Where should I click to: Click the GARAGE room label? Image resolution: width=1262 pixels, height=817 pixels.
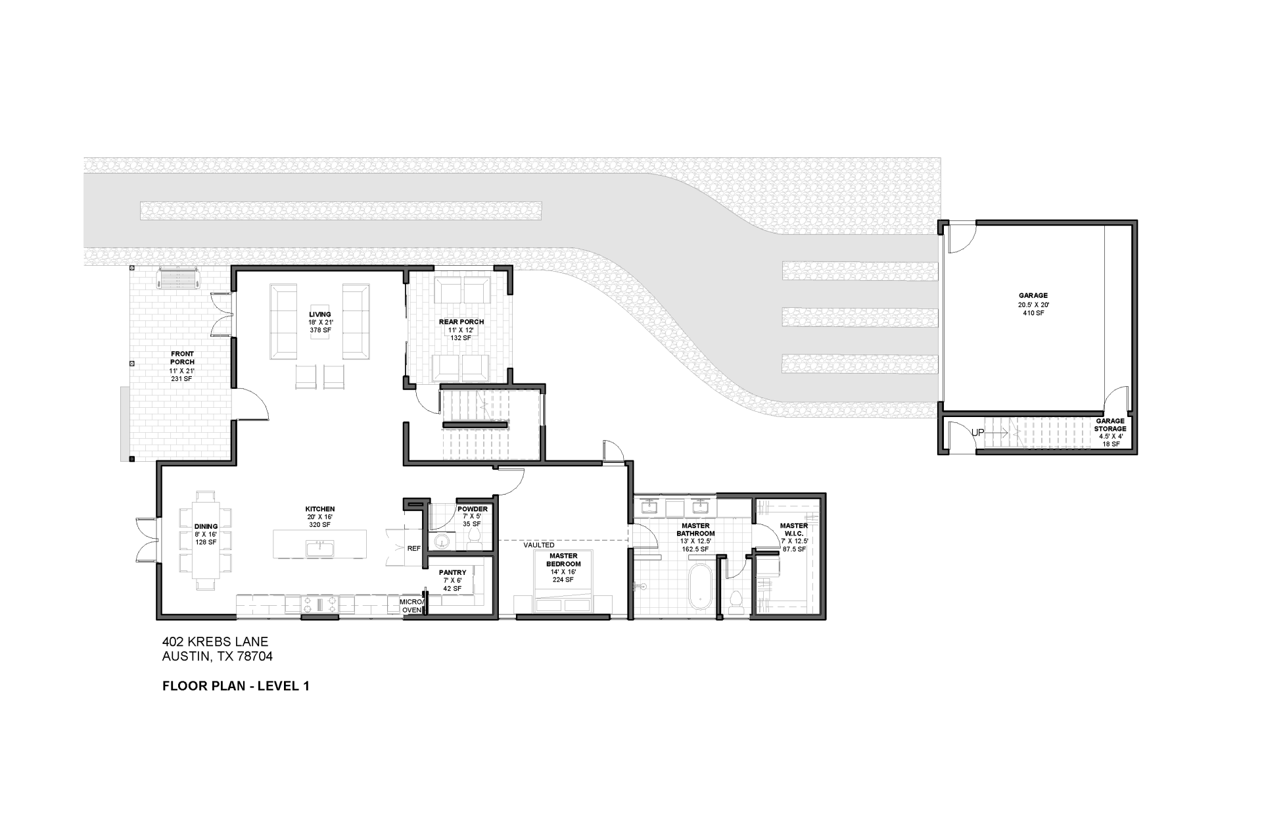(1033, 296)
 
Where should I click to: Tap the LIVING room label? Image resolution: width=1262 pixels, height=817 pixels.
(320, 314)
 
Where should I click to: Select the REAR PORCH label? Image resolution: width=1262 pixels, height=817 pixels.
(461, 322)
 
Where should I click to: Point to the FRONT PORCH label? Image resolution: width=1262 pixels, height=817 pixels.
(182, 358)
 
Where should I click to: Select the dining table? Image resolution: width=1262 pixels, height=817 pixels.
(206, 540)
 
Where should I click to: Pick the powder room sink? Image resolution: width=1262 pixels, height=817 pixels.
(442, 541)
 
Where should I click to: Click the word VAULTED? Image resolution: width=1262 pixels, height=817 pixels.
(539, 545)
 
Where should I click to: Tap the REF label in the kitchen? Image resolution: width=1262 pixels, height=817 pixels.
(413, 548)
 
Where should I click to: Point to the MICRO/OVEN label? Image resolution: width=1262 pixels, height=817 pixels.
(412, 606)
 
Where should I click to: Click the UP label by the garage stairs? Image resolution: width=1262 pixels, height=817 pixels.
(978, 433)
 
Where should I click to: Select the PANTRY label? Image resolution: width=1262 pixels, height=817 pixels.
(453, 573)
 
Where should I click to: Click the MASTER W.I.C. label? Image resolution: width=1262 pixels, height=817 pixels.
(793, 530)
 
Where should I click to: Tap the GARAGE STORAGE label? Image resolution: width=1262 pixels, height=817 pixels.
(1110, 425)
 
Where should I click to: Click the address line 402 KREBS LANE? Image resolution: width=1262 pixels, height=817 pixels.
(215, 641)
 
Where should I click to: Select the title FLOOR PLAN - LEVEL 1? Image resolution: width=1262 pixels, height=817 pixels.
(235, 686)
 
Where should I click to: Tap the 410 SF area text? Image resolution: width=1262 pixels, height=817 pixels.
(1033, 314)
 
